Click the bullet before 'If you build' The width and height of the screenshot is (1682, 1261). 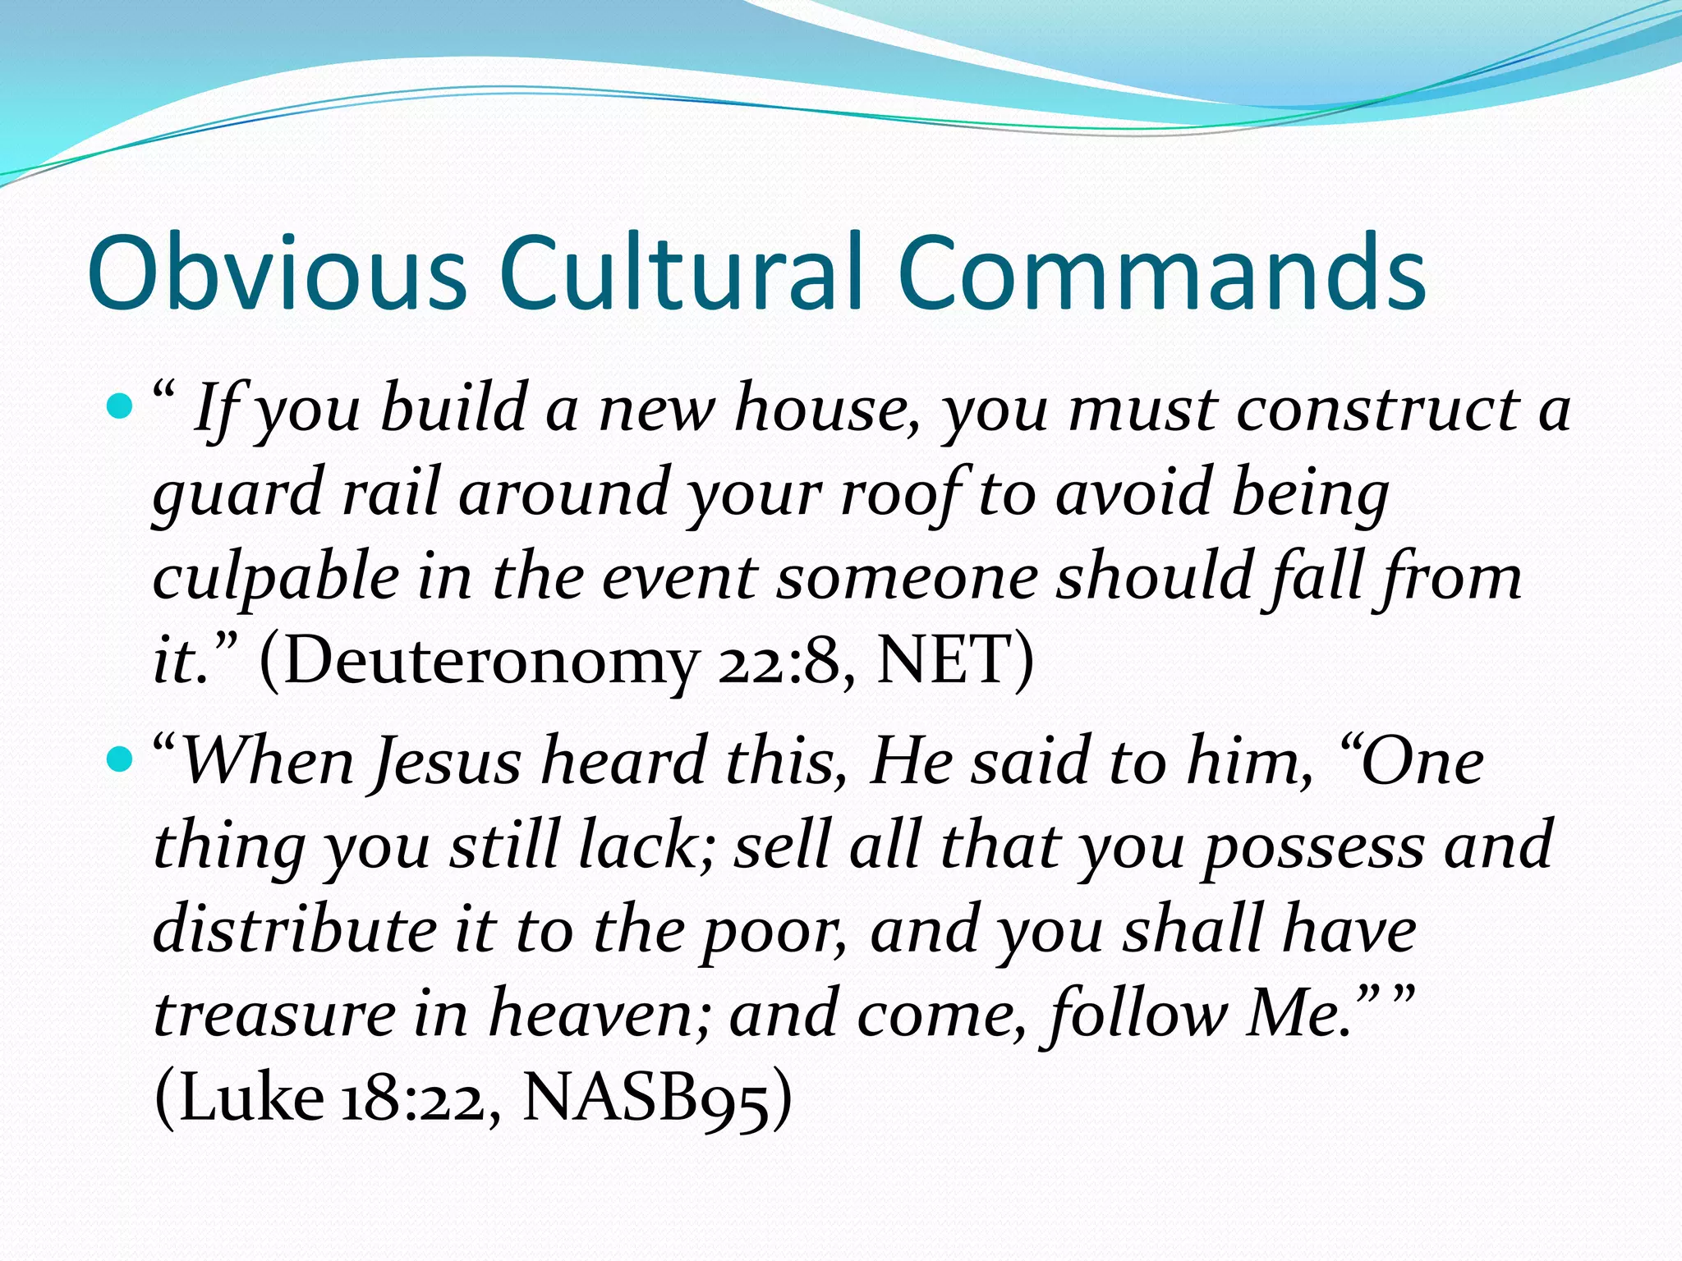[120, 406]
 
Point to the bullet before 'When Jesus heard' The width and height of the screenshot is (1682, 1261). [120, 760]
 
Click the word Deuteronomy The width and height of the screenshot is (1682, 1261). [490, 661]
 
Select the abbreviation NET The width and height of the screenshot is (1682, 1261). [941, 661]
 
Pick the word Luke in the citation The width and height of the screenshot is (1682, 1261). [251, 1098]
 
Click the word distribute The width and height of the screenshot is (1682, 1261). [295, 929]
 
